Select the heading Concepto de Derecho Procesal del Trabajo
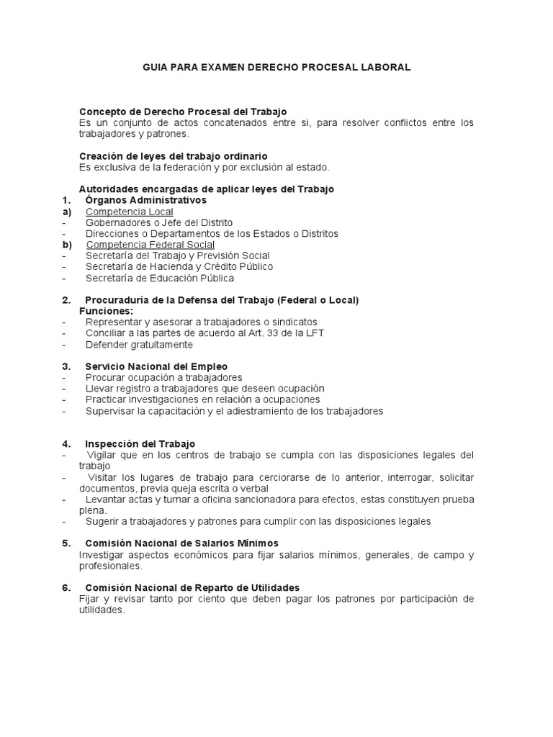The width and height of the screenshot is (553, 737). coord(182,112)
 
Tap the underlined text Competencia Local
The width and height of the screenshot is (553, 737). coord(129,212)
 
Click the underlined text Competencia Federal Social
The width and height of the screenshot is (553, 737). coord(150,245)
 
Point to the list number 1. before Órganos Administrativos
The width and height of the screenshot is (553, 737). coord(66,200)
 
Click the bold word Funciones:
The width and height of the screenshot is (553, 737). coord(106,311)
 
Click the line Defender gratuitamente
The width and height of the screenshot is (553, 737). coord(139,344)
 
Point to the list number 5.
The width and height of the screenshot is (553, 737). coord(66,543)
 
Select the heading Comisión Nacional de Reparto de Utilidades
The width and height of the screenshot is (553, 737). coord(192,587)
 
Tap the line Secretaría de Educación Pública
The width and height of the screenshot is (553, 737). coord(159,278)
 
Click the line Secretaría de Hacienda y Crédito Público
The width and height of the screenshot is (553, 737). coord(179,267)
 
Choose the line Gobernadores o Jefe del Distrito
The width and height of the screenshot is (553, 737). coord(158,222)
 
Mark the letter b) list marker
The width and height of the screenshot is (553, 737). coord(67,245)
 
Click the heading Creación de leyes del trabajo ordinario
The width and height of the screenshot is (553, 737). coord(173,156)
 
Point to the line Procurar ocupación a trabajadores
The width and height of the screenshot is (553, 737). coord(163,378)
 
